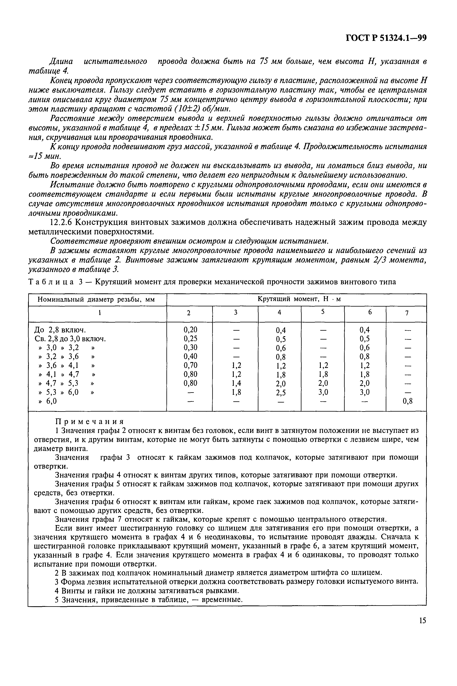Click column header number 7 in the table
pyautogui.click(x=407, y=313)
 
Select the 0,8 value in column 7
pyautogui.click(x=407, y=402)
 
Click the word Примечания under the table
pyautogui.click(x=90, y=421)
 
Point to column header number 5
pyautogui.click(x=323, y=312)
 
